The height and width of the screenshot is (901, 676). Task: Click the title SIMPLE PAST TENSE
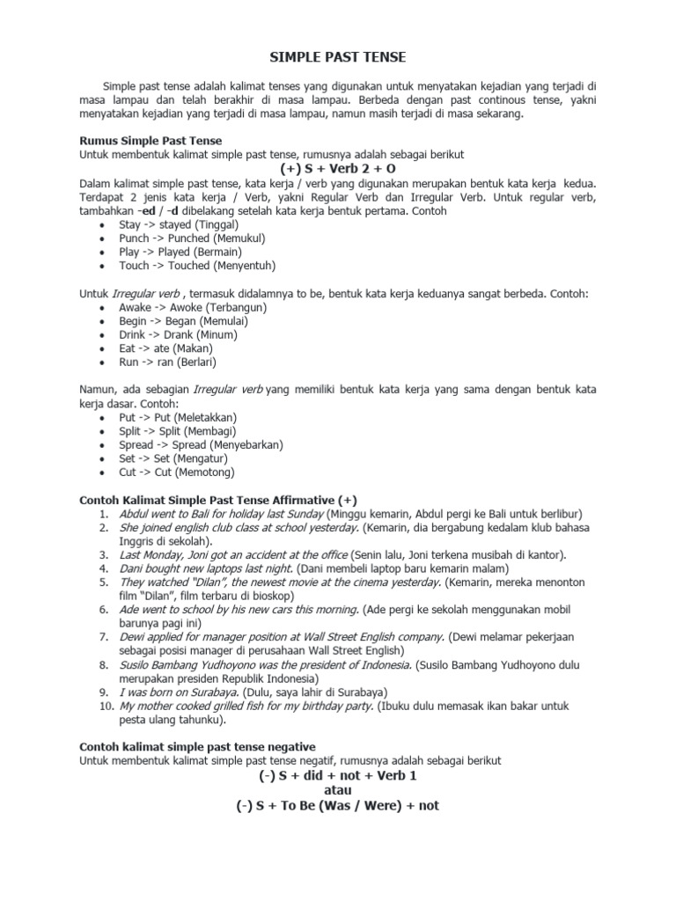pyautogui.click(x=337, y=58)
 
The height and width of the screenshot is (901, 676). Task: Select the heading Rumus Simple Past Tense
pyautogui.click(x=151, y=141)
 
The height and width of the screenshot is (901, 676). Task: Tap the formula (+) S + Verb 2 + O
pyautogui.click(x=337, y=168)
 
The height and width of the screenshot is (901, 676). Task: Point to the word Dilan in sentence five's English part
pyautogui.click(x=201, y=582)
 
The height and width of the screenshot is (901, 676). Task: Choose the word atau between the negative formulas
pyautogui.click(x=337, y=790)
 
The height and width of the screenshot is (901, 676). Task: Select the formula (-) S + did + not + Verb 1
pyautogui.click(x=337, y=775)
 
